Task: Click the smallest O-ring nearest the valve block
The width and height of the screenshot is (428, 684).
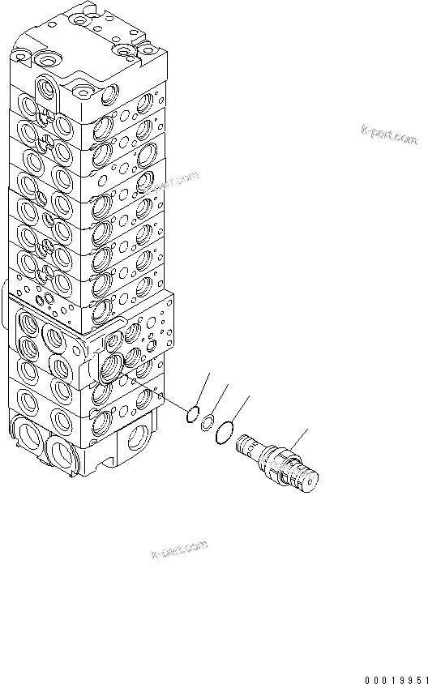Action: (191, 416)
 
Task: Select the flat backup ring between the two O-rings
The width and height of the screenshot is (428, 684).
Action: (208, 421)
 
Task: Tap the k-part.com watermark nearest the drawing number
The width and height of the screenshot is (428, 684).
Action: (179, 550)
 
